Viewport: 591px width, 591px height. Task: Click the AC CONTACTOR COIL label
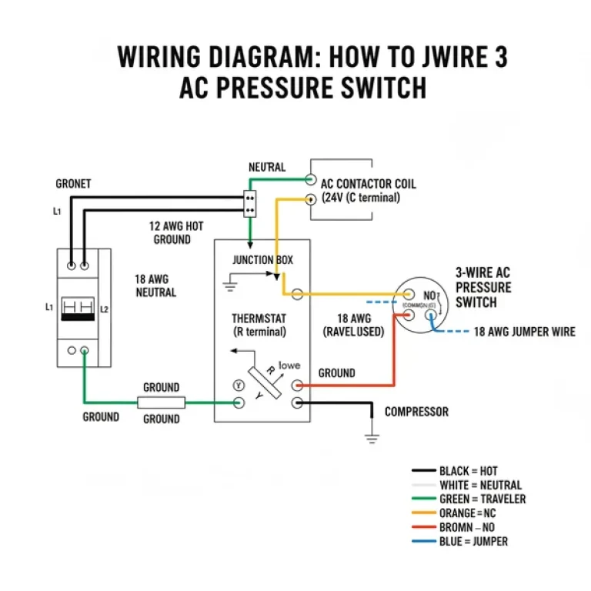pos(368,185)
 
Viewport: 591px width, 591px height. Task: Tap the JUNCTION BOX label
pos(262,260)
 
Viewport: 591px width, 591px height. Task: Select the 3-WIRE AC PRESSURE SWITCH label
pos(482,287)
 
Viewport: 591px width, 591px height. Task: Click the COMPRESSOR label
pos(416,412)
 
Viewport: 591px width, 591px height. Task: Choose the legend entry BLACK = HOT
pos(468,471)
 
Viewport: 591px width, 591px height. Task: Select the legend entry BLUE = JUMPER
pos(472,541)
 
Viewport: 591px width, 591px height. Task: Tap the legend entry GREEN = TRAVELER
pos(482,499)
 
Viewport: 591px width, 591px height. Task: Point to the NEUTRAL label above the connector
pos(266,167)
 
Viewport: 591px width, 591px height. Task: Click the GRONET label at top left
pos(73,184)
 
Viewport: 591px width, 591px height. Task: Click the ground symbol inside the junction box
pos(228,287)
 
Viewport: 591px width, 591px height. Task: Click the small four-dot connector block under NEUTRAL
pos(249,202)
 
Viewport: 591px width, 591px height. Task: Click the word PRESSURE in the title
pos(274,88)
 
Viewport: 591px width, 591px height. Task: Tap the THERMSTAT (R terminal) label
pos(259,325)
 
